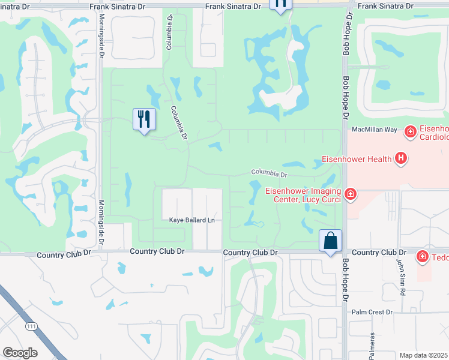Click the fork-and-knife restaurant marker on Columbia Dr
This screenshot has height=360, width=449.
click(x=144, y=119)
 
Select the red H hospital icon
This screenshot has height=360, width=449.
click(x=401, y=159)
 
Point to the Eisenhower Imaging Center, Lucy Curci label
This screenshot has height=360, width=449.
click(x=303, y=196)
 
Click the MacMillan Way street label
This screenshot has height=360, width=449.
click(x=375, y=130)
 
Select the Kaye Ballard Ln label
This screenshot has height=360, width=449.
click(x=191, y=220)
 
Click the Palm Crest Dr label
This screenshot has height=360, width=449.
click(x=372, y=312)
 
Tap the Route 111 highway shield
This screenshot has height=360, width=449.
click(x=31, y=326)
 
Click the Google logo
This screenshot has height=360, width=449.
click(x=20, y=353)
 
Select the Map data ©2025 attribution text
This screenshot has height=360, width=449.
click(x=424, y=355)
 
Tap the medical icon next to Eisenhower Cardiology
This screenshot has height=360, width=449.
click(x=411, y=131)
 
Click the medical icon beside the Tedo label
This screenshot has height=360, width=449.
click(x=423, y=257)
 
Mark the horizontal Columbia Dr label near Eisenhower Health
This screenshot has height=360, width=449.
click(x=270, y=173)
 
